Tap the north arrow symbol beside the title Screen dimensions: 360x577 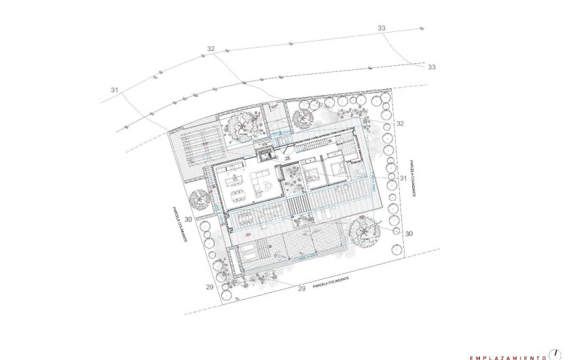coord(557,353)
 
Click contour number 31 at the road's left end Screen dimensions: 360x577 coord(114,90)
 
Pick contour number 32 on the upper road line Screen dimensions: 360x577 coord(211,49)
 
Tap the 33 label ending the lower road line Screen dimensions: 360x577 coord(432,67)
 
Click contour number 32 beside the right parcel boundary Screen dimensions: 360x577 coord(400,124)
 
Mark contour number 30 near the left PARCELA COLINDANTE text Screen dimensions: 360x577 coord(188,219)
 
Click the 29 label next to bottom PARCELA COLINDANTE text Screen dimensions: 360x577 coord(301,289)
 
